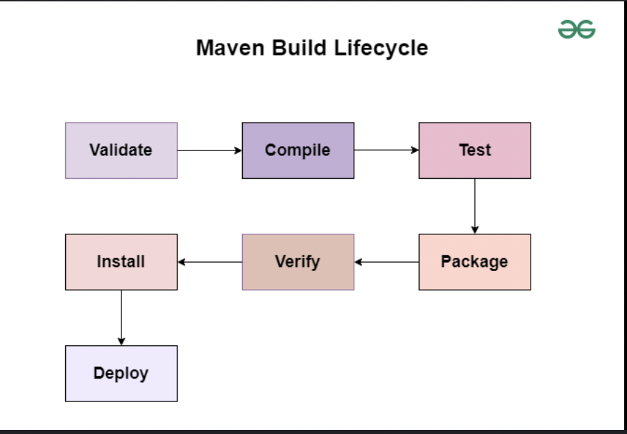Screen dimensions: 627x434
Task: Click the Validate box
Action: tap(121, 150)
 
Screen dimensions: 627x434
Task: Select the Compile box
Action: tap(298, 150)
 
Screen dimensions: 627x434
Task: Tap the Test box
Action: tap(474, 150)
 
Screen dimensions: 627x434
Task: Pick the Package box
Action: tap(474, 262)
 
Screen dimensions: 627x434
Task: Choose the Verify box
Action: tap(298, 262)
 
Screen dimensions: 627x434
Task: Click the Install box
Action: tap(121, 262)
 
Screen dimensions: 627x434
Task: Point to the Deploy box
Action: tap(121, 373)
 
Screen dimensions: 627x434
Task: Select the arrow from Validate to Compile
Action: tap(209, 150)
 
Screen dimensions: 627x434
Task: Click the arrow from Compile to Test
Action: tap(386, 150)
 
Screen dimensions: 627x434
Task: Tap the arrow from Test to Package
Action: tap(474, 206)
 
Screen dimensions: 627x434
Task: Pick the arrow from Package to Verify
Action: tap(386, 262)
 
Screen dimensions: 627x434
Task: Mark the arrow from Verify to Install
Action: tap(209, 262)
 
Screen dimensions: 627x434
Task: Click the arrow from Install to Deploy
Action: tap(121, 318)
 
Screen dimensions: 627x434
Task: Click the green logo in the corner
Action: tap(576, 29)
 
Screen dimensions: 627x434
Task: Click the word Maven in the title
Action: tap(230, 48)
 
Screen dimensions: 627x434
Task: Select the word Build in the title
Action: tap(299, 48)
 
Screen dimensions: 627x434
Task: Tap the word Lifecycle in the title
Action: tap(381, 49)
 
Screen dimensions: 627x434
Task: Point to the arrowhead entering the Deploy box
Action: tap(121, 341)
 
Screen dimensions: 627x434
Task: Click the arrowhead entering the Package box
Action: tap(474, 229)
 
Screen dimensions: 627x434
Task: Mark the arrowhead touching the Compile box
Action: tap(238, 150)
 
